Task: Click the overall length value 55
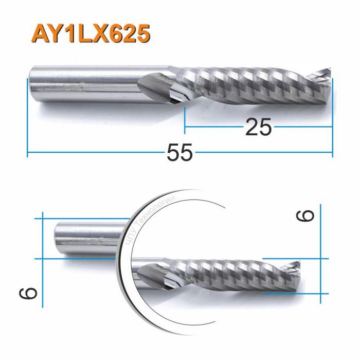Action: (180, 153)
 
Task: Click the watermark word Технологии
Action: (157, 213)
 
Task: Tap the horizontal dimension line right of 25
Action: (303, 125)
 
